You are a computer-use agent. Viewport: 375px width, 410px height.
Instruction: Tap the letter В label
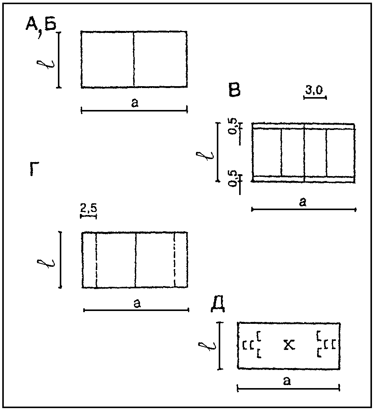234,90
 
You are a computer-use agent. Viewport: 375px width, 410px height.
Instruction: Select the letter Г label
34,169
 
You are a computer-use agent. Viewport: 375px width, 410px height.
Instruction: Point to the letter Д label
218,305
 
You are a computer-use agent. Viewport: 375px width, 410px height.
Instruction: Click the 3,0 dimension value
314,90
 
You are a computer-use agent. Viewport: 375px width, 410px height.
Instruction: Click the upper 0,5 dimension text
233,126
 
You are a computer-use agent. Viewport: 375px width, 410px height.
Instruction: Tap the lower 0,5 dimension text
233,179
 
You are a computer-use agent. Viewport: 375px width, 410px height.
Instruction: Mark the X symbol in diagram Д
289,345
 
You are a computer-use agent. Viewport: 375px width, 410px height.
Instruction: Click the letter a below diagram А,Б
135,103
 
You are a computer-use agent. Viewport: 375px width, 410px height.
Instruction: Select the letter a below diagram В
303,202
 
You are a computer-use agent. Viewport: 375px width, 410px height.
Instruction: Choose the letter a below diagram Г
137,303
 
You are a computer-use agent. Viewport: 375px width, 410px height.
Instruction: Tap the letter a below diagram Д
287,381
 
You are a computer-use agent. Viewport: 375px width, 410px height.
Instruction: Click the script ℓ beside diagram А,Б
45,64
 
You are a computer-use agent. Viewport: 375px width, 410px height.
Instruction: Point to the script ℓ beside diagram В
205,155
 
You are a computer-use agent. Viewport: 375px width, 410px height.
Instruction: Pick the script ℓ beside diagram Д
207,346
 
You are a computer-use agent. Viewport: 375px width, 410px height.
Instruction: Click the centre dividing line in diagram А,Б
134,59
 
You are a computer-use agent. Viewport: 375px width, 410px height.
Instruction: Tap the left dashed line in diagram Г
96,260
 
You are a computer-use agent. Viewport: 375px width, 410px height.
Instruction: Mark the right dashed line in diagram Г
174,260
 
